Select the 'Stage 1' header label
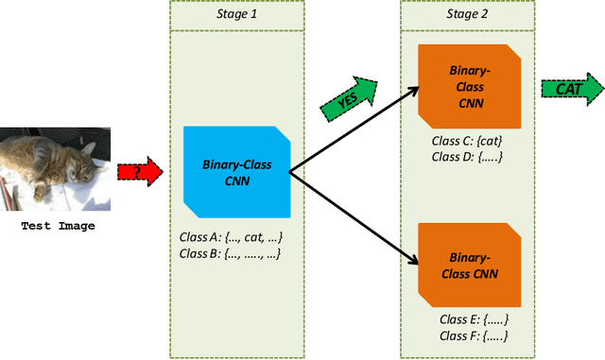tap(226, 13)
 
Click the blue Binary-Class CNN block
tap(235, 172)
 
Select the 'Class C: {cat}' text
tap(467, 140)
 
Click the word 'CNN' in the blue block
tap(236, 180)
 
